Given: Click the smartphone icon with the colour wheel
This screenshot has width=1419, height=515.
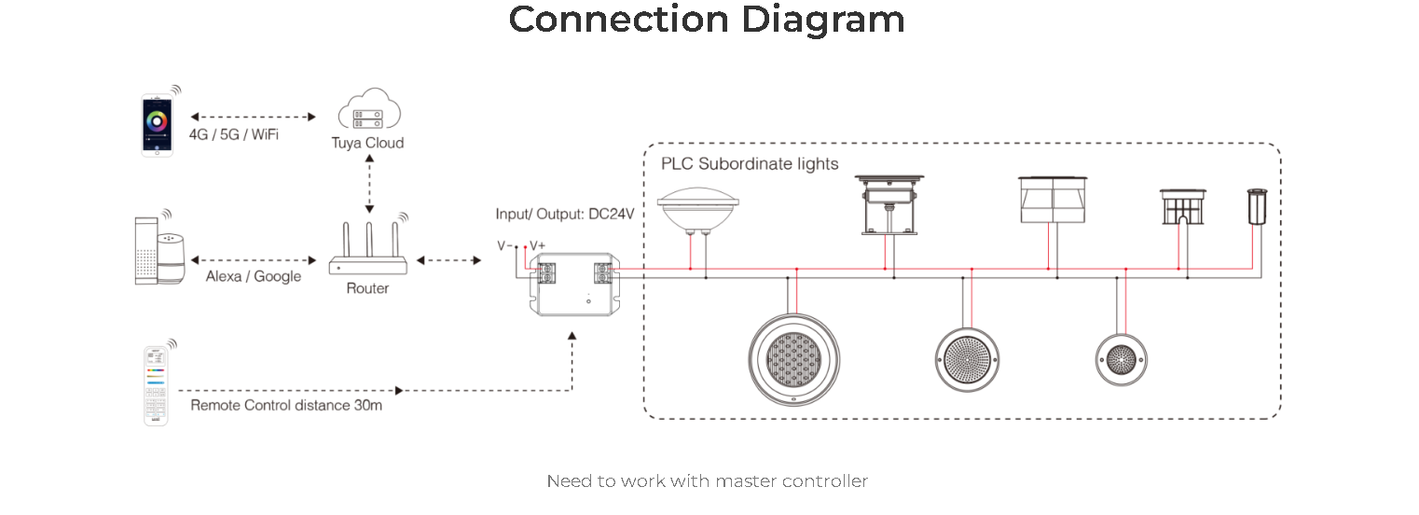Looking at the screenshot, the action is pyautogui.click(x=158, y=124).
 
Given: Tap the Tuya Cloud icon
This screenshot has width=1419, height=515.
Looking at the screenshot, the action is pyautogui.click(x=369, y=109).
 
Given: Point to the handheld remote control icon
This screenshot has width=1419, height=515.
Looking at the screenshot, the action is pyautogui.click(x=156, y=385).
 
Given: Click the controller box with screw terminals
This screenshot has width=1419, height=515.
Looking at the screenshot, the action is pyautogui.click(x=574, y=285).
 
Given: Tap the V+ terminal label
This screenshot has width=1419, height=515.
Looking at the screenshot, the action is pyautogui.click(x=537, y=245).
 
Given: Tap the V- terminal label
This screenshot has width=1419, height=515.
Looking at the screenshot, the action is pyautogui.click(x=504, y=245).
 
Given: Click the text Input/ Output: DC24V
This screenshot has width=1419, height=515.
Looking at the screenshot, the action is pyautogui.click(x=564, y=215).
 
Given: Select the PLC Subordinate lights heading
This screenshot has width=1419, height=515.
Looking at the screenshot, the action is pyautogui.click(x=750, y=164).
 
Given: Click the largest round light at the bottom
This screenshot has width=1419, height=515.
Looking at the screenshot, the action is pyautogui.click(x=793, y=359).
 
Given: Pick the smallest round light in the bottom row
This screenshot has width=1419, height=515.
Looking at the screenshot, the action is pyautogui.click(x=1122, y=359).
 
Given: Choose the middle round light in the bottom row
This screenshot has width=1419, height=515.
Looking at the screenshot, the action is pyautogui.click(x=968, y=359).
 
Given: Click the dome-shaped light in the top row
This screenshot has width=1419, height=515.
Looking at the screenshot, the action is pyautogui.click(x=698, y=207).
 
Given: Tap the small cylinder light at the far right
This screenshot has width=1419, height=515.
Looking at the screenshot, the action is pyautogui.click(x=1257, y=206).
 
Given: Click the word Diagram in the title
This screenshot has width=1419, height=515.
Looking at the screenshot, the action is pyautogui.click(x=822, y=21).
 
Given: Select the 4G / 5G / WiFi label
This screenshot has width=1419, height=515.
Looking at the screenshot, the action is pyautogui.click(x=234, y=134).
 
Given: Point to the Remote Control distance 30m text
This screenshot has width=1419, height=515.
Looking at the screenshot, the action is pyautogui.click(x=286, y=405).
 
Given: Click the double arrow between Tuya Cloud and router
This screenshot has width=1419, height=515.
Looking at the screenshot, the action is pyautogui.click(x=369, y=184).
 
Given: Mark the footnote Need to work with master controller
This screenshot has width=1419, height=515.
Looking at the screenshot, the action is pyautogui.click(x=708, y=481).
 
